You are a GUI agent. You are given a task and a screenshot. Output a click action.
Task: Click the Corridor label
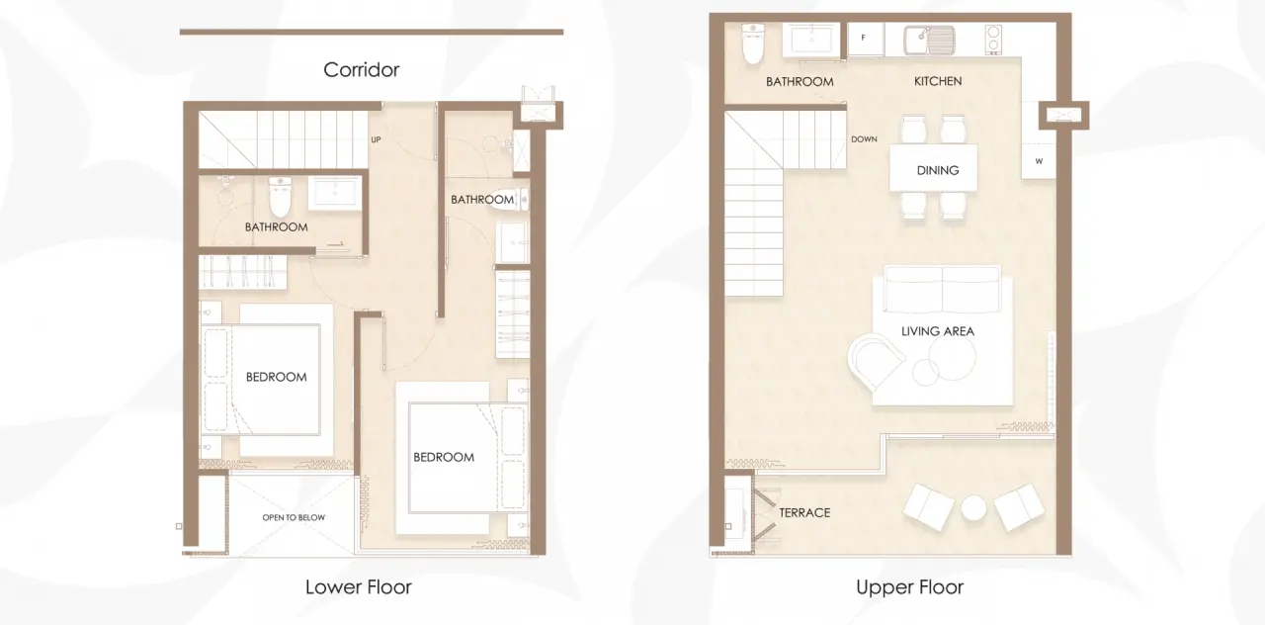coord(361,69)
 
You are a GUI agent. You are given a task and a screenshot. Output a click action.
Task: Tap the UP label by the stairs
coord(376,139)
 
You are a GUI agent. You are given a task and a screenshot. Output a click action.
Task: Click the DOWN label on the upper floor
coord(864,139)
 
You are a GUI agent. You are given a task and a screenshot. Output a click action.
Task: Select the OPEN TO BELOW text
coord(294,517)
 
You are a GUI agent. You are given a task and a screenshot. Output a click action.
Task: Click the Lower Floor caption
coord(359,587)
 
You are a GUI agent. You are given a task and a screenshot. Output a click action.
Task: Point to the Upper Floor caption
coord(909,587)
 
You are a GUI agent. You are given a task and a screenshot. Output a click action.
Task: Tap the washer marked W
coord(1039,161)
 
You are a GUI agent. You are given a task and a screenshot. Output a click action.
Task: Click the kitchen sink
coord(929,41)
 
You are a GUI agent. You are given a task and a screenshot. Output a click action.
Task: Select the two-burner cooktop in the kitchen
coord(993,39)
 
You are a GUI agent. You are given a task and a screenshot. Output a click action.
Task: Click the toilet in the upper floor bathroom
coord(753,43)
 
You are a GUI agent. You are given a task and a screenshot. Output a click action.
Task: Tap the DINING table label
coord(938,170)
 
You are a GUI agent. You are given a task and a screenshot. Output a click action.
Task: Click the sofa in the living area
coord(942,289)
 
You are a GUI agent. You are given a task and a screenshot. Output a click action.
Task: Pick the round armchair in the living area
coord(875,361)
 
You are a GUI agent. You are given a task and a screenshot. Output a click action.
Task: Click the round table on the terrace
coord(973,508)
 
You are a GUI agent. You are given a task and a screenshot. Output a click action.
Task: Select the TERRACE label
coord(804,512)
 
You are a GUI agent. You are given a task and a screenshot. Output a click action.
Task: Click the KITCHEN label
coord(938,81)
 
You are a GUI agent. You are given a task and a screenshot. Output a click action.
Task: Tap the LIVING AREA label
coord(938,331)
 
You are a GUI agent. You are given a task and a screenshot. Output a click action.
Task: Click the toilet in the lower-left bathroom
coord(280,197)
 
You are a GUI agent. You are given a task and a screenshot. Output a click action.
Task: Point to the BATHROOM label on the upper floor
coord(800,82)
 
